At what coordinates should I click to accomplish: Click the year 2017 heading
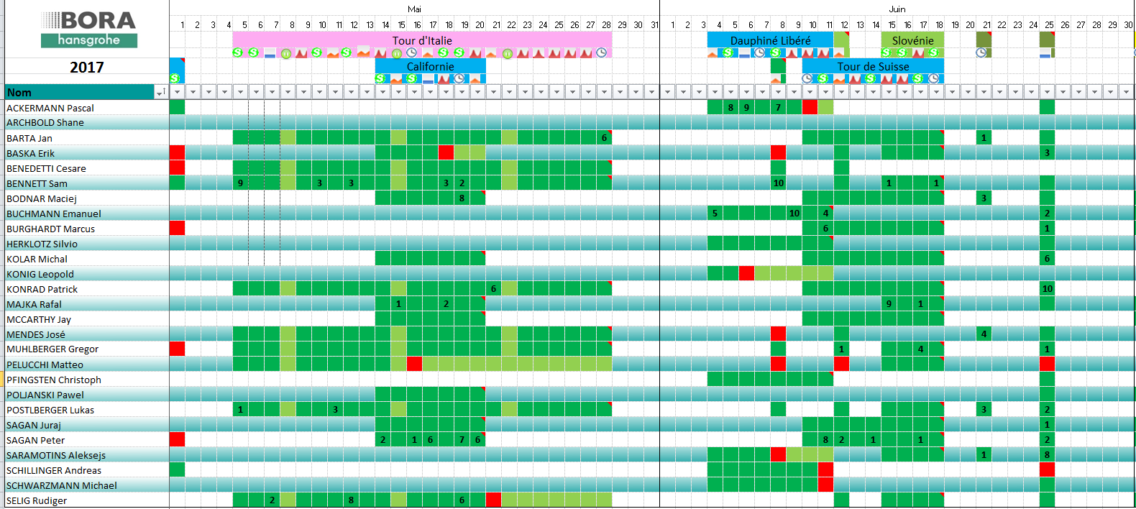tap(87, 68)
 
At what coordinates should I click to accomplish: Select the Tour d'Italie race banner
tap(422, 40)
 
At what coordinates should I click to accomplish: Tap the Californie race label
tap(430, 66)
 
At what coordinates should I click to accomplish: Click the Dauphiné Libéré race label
tap(770, 40)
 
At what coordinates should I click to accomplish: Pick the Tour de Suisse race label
tap(873, 66)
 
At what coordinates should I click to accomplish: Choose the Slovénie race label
tap(912, 40)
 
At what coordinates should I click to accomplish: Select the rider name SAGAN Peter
tap(36, 440)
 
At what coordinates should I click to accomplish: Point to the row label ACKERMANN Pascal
tap(50, 108)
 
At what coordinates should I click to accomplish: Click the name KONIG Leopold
tap(40, 274)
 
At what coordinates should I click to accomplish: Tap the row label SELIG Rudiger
tap(37, 500)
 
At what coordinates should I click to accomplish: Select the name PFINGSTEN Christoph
tap(54, 380)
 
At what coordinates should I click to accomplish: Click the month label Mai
tap(414, 9)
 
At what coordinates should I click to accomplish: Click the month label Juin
tap(897, 9)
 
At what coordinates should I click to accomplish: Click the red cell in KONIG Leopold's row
tap(746, 273)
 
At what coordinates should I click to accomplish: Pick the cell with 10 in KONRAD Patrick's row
tap(1047, 288)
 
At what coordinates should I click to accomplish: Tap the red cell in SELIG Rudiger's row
tap(493, 500)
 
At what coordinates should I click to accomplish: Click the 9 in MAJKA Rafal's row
tap(889, 303)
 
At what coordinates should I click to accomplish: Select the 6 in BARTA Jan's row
tap(604, 137)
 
